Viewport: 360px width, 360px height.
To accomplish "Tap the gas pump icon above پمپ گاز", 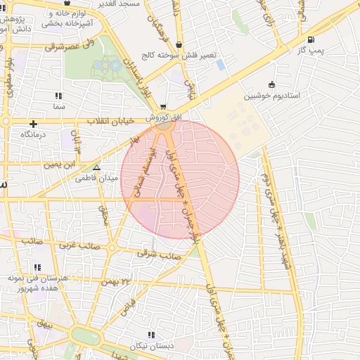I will pos(311,39).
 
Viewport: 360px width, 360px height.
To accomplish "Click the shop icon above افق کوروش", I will pos(164,107).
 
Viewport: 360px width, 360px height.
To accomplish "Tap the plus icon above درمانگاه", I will pos(33,124).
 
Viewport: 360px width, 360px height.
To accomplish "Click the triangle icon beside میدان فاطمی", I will pos(97,167).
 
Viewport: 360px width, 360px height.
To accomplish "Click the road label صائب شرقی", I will pos(161,256).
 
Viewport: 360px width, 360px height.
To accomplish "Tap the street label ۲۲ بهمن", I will pos(116,281).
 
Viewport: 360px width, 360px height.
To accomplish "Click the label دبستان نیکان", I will pos(150,347).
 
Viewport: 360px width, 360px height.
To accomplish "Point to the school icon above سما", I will pos(58,96).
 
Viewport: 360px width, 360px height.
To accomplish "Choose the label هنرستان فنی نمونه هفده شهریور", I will pos(37,283).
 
